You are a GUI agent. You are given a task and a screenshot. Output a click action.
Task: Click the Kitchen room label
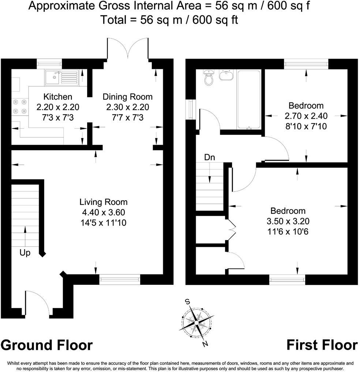tap(58, 97)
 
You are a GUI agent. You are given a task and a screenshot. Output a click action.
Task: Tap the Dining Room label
tap(127, 97)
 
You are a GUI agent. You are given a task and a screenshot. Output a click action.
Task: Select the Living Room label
tap(104, 202)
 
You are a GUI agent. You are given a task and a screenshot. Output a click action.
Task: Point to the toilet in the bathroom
tap(209, 78)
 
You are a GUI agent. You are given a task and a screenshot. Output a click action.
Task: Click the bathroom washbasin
tap(226, 75)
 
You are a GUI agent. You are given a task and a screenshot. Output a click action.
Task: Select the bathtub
tap(249, 99)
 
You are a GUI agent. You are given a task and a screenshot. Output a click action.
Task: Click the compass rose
tap(197, 322)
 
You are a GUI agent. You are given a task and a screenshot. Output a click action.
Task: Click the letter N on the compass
tap(206, 343)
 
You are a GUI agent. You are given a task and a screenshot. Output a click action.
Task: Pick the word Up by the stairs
tap(25, 253)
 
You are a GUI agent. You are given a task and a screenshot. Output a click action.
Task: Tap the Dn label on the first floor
tap(209, 157)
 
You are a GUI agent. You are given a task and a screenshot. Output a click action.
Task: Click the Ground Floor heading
tap(46, 345)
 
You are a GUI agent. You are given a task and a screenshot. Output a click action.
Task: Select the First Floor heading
tap(322, 345)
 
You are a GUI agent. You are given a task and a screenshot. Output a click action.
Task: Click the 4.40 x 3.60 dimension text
tap(104, 212)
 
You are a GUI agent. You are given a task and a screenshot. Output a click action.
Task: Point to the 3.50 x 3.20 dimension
tap(288, 221)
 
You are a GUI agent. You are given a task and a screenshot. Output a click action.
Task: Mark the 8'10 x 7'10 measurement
tap(306, 126)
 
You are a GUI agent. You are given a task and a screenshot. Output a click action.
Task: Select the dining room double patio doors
tap(128, 49)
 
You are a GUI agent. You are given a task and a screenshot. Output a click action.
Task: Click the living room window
tap(120, 280)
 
